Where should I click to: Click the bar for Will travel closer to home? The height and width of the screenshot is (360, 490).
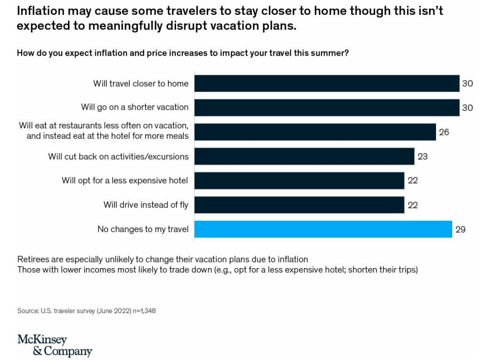pos(326,83)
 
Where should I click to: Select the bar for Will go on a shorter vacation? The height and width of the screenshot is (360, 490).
pos(326,107)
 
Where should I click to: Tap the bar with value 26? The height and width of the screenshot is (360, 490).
pos(315,132)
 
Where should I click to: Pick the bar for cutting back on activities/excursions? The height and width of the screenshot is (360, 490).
pos(304,156)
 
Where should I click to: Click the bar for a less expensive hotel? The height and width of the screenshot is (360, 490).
pos(299,180)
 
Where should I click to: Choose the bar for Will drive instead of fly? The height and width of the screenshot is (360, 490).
pos(299,205)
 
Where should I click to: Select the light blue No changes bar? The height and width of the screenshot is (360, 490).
pos(323,229)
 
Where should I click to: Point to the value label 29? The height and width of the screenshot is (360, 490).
pos(460,230)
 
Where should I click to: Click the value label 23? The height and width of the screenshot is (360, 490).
pos(422,157)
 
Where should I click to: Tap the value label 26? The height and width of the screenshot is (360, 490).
pos(444,132)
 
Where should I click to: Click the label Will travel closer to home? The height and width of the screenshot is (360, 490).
pos(141,84)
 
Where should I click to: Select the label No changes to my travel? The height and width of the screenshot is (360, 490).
pos(143,229)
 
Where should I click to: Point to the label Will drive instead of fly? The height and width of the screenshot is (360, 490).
pos(146,205)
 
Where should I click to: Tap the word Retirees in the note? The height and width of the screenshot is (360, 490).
pos(33,259)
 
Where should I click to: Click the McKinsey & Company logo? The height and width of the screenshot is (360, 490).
pos(55,346)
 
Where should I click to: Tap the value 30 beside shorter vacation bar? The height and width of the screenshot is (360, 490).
pos(467,108)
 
